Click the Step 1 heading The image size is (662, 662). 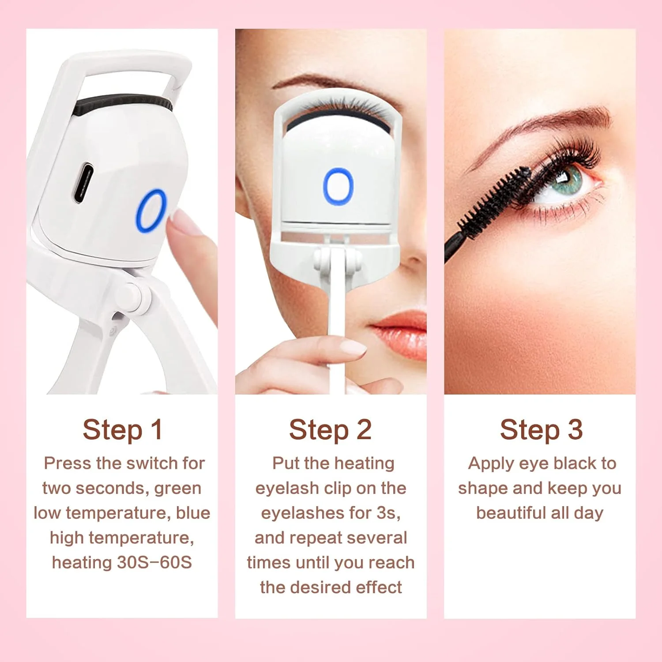(122, 430)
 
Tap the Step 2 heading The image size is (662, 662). (330, 430)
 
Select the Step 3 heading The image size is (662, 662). (541, 430)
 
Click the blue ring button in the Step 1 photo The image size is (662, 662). (151, 211)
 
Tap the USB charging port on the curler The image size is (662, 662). (83, 183)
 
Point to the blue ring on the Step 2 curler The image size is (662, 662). (339, 186)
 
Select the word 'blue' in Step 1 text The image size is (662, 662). (193, 513)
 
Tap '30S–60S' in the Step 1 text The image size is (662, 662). (154, 563)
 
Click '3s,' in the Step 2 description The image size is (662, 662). (388, 513)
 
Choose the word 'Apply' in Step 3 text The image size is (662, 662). (490, 463)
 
